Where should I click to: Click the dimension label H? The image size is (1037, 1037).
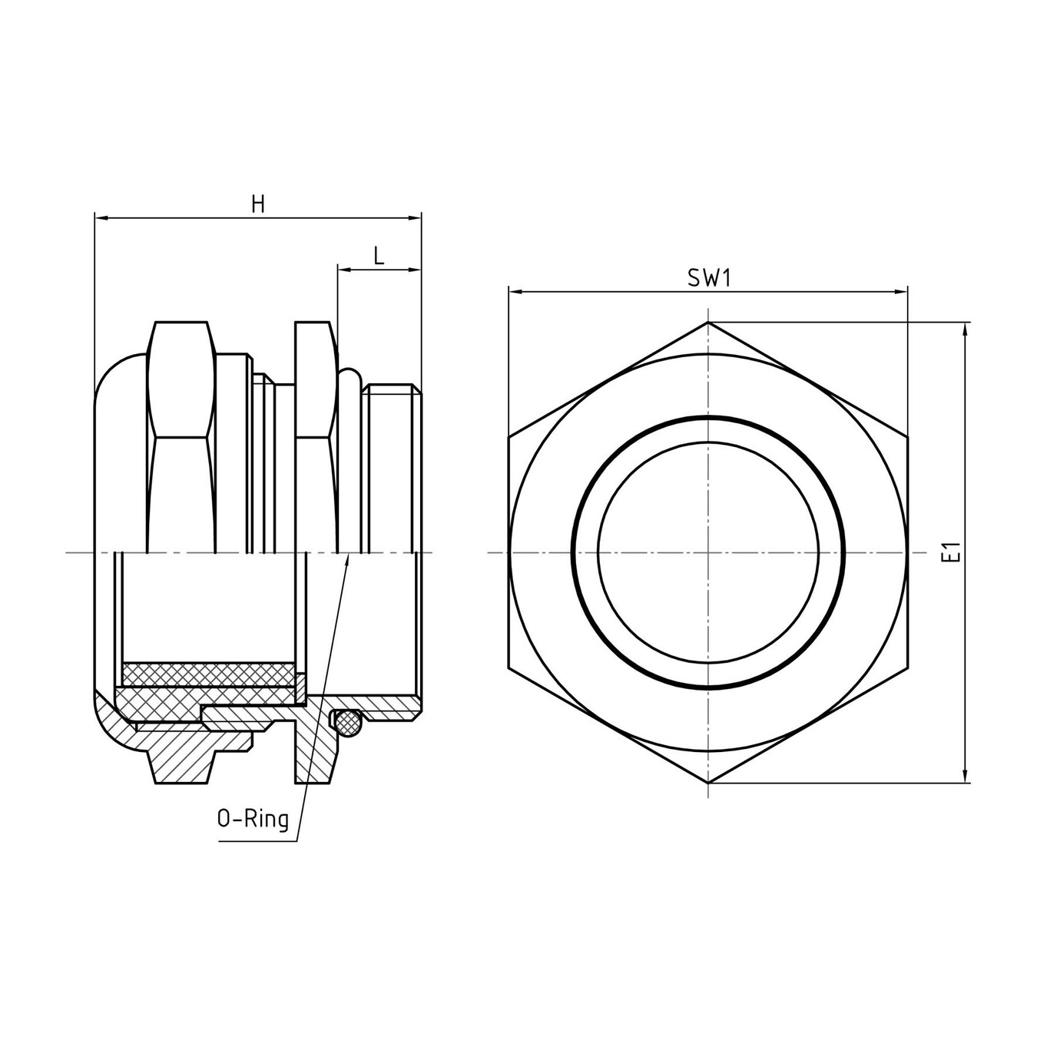coord(258,204)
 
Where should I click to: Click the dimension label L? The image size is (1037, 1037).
coord(379,256)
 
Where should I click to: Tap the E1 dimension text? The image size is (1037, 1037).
coord(953,552)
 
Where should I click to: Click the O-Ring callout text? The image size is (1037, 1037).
coord(253,820)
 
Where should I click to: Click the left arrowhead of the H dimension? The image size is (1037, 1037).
coord(100,219)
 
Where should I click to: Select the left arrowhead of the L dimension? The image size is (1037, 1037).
coord(343,270)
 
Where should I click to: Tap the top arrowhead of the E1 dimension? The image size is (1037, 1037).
coord(965,328)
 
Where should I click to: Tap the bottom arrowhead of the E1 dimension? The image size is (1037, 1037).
coord(965,777)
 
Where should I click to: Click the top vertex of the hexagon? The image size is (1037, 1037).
coord(707,322)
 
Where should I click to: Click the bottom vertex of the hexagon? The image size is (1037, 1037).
coord(707,783)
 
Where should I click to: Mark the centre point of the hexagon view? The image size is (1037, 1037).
coord(707,552)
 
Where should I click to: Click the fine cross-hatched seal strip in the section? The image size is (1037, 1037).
coord(207,674)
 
